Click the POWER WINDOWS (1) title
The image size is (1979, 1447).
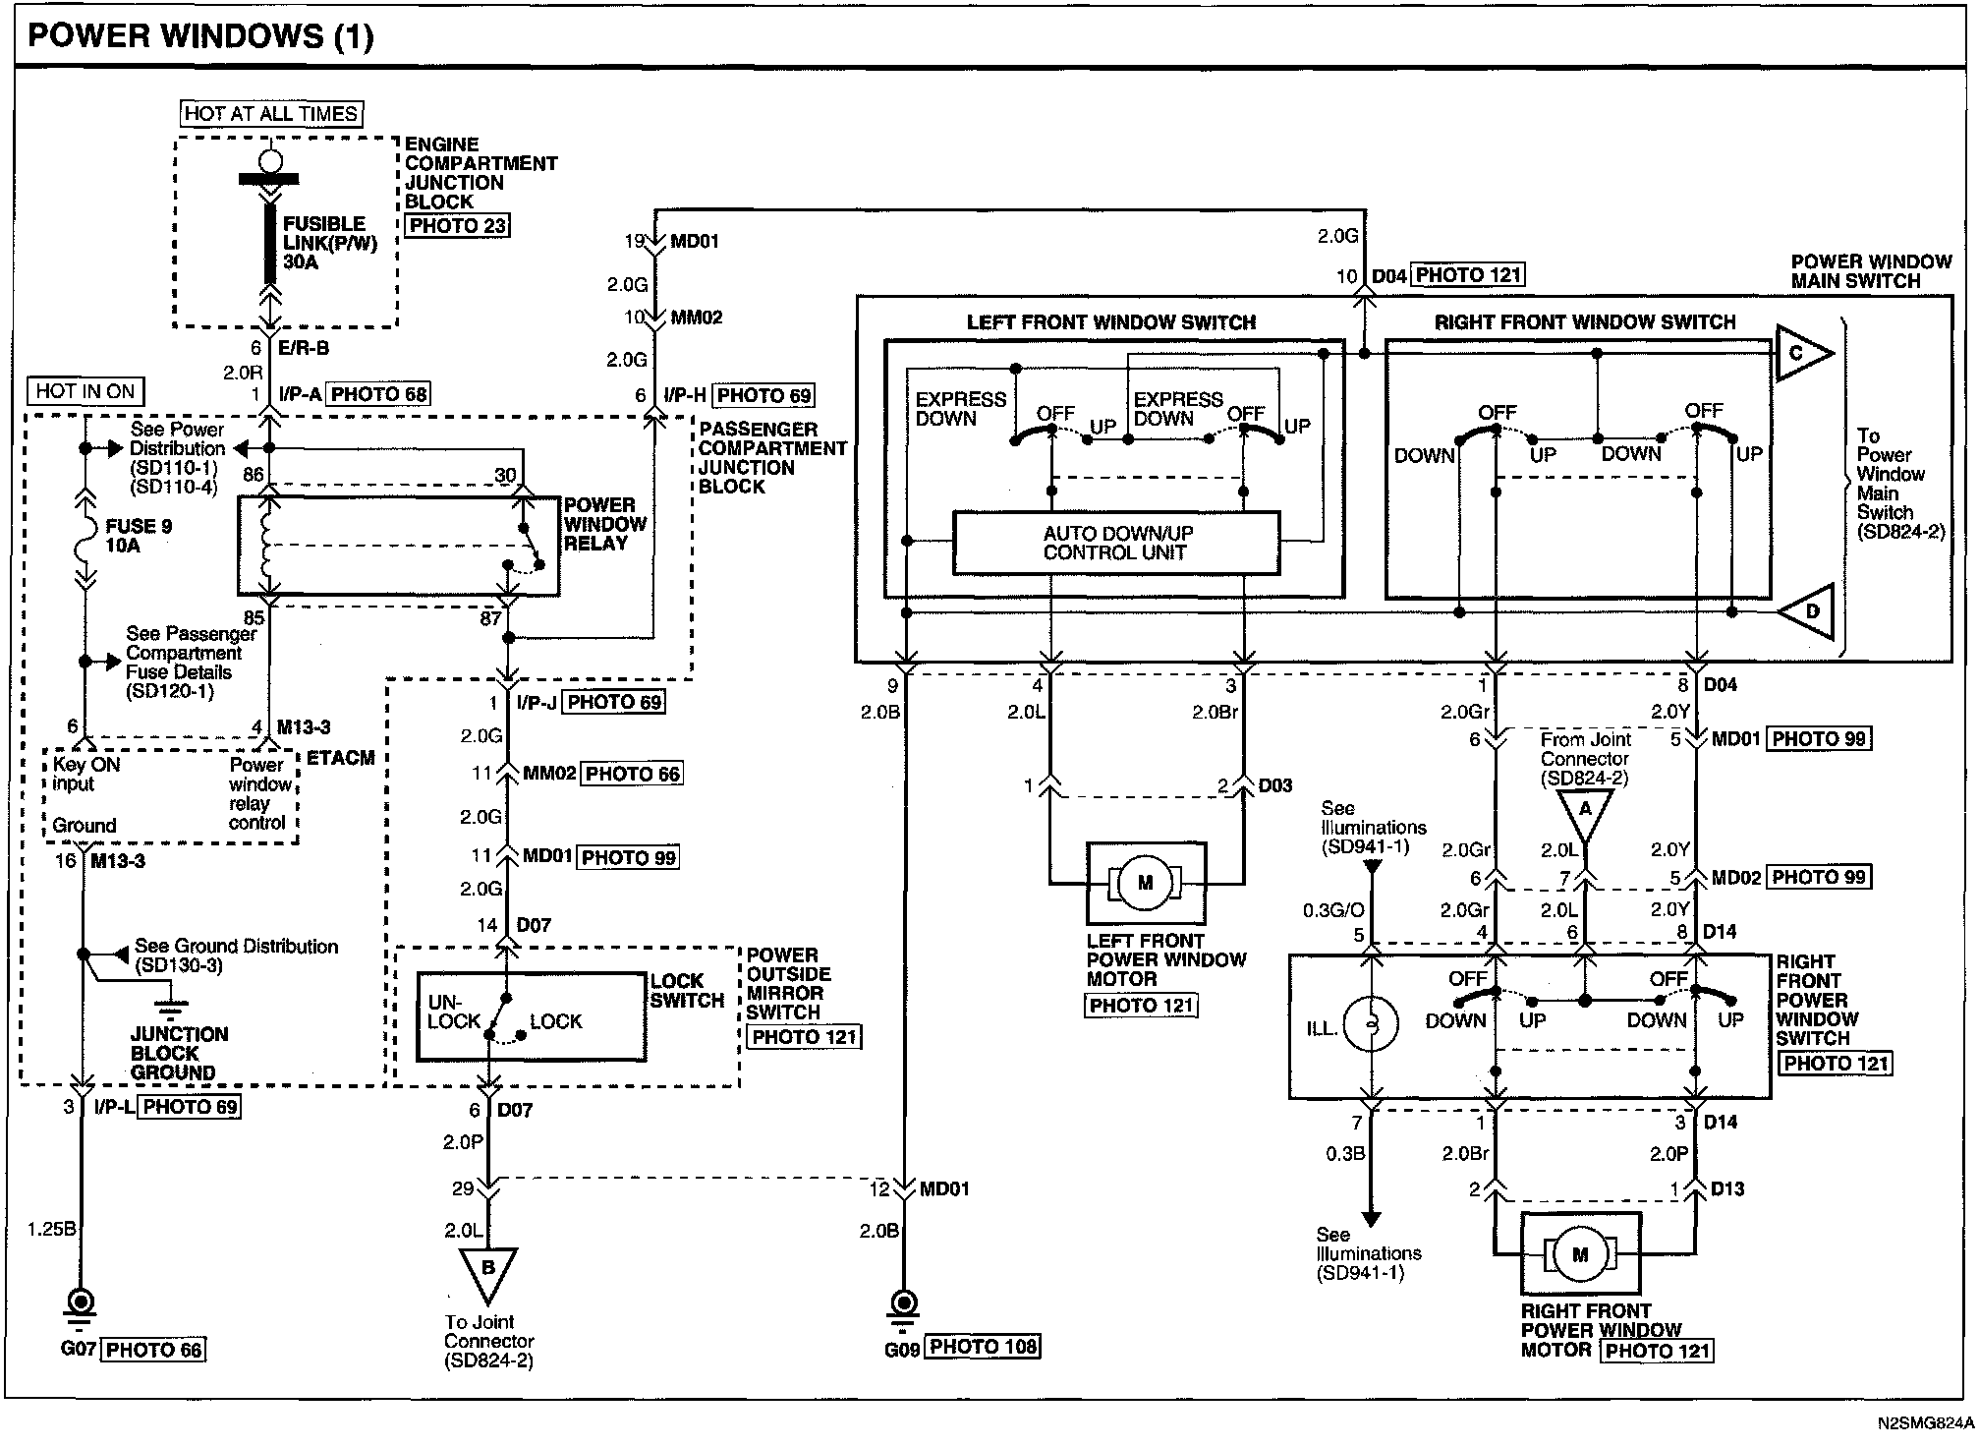[200, 36]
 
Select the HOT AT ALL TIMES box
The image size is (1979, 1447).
[271, 114]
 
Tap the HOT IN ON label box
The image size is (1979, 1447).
[85, 391]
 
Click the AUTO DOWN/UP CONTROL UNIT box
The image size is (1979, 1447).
[1117, 543]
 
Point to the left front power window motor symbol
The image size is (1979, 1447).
[1146, 882]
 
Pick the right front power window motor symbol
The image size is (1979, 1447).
[1580, 1254]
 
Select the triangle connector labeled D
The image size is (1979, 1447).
[1806, 610]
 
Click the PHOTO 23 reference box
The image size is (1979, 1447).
[458, 225]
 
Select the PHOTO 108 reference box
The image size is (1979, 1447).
[983, 1347]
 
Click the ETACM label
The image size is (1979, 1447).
[341, 758]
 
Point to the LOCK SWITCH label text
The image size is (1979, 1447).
[687, 991]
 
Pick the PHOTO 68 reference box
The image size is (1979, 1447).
[379, 395]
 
